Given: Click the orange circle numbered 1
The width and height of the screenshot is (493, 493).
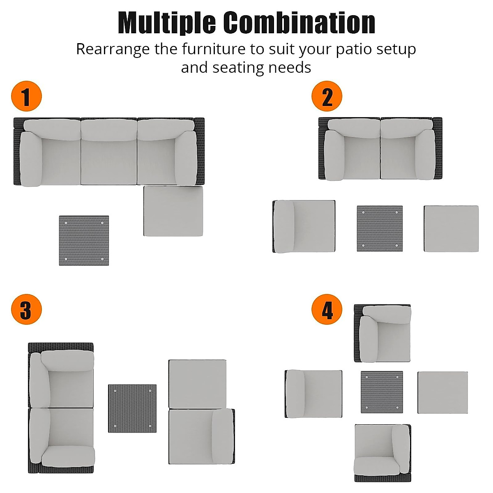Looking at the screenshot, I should coord(26,97).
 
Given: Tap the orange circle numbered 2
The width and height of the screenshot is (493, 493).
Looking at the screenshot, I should coord(327,97).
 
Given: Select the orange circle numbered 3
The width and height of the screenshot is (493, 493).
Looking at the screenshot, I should coord(26,309).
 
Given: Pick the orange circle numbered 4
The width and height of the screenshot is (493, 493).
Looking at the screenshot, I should coord(327,309).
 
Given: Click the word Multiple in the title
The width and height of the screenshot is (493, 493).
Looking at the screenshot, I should coord(166,23).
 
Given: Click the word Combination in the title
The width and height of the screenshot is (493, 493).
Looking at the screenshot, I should coord(299,23).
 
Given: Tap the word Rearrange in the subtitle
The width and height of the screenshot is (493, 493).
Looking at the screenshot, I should coord(113,49).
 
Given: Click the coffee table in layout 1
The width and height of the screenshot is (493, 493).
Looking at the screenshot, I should coord(84,241).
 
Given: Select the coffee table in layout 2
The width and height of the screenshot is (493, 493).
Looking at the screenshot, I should coord(380,228).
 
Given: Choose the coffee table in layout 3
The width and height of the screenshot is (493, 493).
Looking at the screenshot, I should coord(132,408).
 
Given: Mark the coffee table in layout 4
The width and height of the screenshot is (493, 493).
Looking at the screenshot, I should coord(382,392).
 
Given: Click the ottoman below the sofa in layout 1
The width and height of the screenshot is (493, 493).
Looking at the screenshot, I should coord(173,211).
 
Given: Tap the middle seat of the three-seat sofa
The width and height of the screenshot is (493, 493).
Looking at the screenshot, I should coord(109,152).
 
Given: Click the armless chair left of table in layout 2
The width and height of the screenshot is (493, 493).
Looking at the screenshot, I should coord(304,226).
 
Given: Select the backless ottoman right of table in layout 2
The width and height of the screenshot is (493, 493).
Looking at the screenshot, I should coord(451,228).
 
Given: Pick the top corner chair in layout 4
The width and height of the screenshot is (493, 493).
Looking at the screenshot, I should coord(382,333).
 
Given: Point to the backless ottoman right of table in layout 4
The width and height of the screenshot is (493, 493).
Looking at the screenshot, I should coord(443,392).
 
